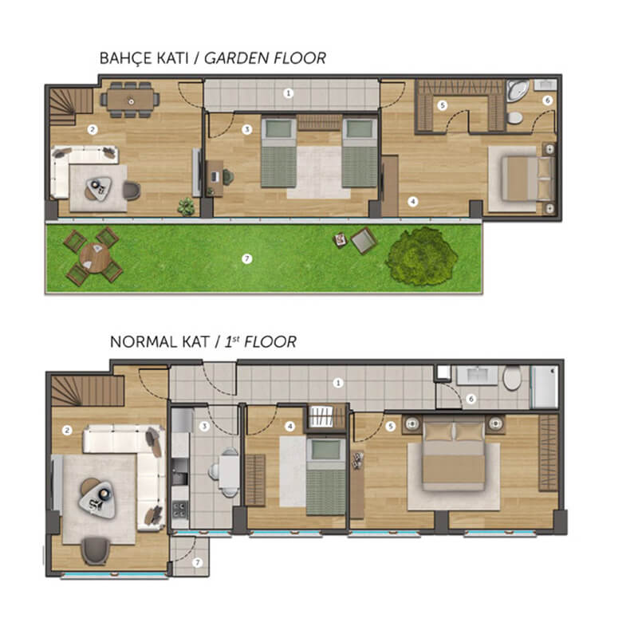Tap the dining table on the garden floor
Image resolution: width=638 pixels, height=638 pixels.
131,100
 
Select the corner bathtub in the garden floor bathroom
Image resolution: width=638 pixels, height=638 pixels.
518,91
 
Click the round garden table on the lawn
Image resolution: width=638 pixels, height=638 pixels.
95,258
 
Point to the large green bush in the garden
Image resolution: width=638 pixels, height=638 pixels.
422,256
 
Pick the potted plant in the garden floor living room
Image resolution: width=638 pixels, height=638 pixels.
186,207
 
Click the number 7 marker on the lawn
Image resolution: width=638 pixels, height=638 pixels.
246,258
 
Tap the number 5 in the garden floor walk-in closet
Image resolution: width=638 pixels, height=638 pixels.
443,106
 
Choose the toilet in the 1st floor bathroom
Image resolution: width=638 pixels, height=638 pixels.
512,377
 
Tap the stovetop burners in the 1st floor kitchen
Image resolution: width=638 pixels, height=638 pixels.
179,509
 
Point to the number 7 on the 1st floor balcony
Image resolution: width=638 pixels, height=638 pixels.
197,563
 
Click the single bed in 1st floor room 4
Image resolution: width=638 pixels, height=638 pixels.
325,477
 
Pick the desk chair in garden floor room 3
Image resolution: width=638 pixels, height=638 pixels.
227,177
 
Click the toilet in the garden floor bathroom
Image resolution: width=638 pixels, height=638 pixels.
514,117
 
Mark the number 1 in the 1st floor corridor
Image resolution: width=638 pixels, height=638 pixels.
337,383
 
